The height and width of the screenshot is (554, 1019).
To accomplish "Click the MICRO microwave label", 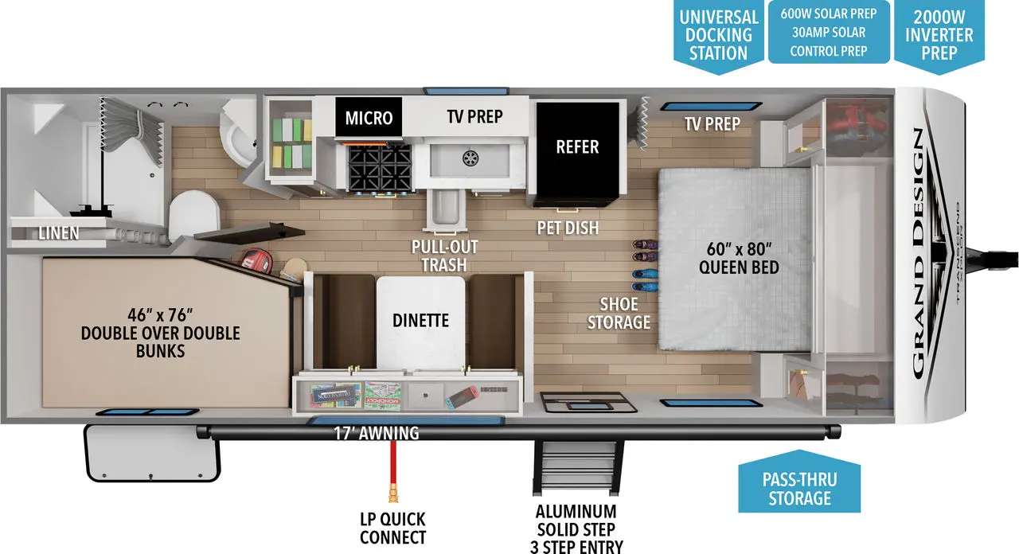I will [x=369, y=118].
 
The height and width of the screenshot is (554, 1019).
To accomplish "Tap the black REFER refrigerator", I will [x=577, y=147].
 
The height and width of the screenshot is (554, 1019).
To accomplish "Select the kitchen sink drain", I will [x=470, y=158].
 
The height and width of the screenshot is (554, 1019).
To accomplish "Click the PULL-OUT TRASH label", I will [x=444, y=256].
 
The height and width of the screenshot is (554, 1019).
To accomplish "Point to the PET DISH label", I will [x=568, y=228].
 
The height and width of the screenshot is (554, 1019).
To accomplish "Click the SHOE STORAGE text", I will [x=619, y=313].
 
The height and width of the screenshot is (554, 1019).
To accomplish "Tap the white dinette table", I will [x=420, y=321].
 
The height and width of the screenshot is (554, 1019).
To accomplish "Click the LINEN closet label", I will [x=58, y=233].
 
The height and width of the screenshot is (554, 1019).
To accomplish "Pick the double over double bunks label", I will [x=160, y=334].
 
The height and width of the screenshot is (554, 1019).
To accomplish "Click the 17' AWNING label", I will [x=376, y=434].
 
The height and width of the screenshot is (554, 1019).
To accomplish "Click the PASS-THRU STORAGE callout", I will [x=799, y=488].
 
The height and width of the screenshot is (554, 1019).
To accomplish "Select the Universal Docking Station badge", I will [x=718, y=36].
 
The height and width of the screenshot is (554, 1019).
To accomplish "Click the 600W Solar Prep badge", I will [x=828, y=33].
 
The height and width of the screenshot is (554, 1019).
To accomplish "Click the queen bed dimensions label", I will [x=739, y=257].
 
